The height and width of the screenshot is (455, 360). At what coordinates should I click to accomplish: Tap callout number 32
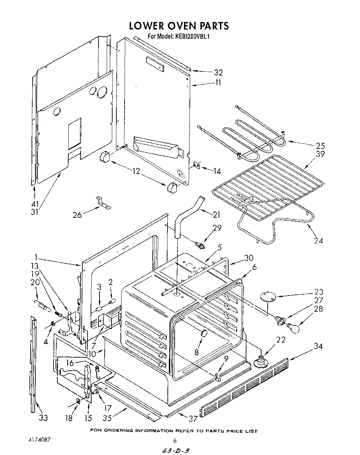pos(218,72)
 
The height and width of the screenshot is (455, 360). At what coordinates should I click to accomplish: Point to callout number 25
pos(320,145)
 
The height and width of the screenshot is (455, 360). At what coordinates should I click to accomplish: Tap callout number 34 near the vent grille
pos(318,346)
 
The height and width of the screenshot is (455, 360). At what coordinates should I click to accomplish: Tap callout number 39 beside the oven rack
pos(320,154)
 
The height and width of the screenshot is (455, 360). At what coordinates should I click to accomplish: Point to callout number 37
pos(194,419)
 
